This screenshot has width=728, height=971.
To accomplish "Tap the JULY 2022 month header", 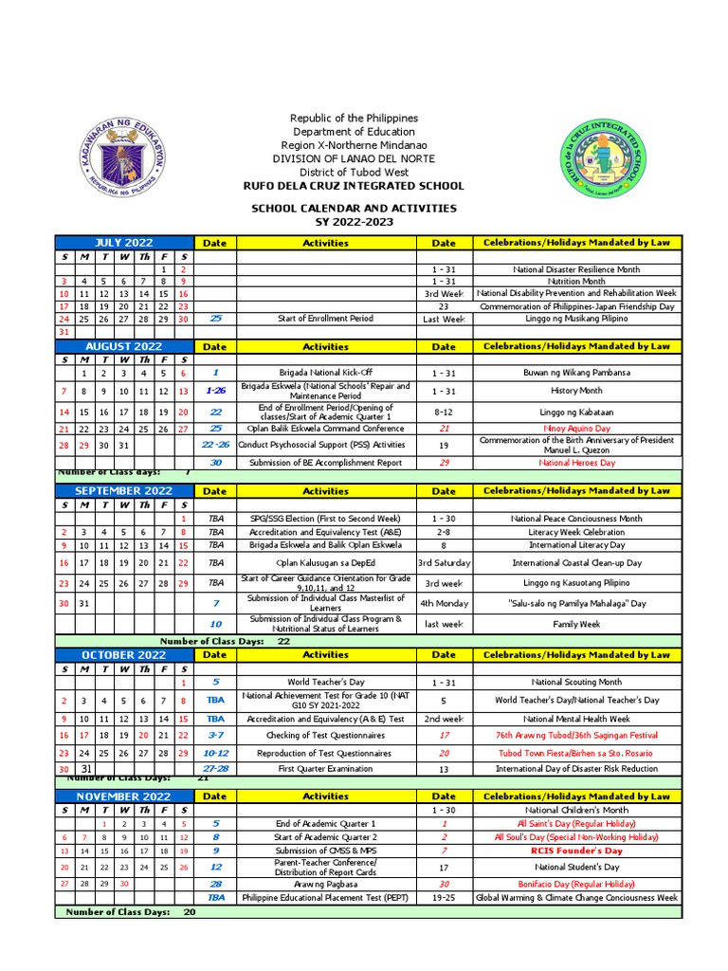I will point(123,243).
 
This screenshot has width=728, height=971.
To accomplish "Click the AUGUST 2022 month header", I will point(123,347).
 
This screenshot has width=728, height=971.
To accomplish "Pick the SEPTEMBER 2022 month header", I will point(123,491).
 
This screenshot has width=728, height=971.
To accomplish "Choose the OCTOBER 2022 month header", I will point(123,655).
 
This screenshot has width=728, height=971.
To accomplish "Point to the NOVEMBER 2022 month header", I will point(123,797).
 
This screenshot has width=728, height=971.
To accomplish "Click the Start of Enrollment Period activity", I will point(325,320).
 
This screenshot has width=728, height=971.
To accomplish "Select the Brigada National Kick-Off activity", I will point(325,374).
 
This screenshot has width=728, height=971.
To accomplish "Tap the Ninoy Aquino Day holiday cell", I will point(575,429).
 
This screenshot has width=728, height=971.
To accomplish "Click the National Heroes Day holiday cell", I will point(575,463).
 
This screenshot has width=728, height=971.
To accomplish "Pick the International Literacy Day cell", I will point(575,546).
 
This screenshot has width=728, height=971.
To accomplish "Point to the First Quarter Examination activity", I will point(325,769).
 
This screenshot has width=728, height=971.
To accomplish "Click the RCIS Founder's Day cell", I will point(575,852).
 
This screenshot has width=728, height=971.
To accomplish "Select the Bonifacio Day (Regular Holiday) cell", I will point(575,884).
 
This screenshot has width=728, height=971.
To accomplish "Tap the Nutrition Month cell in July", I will point(575,282).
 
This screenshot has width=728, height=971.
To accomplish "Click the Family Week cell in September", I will point(575,625).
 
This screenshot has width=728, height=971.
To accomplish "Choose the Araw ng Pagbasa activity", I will point(325,884).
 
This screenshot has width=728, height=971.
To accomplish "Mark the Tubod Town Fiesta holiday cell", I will point(575,753).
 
